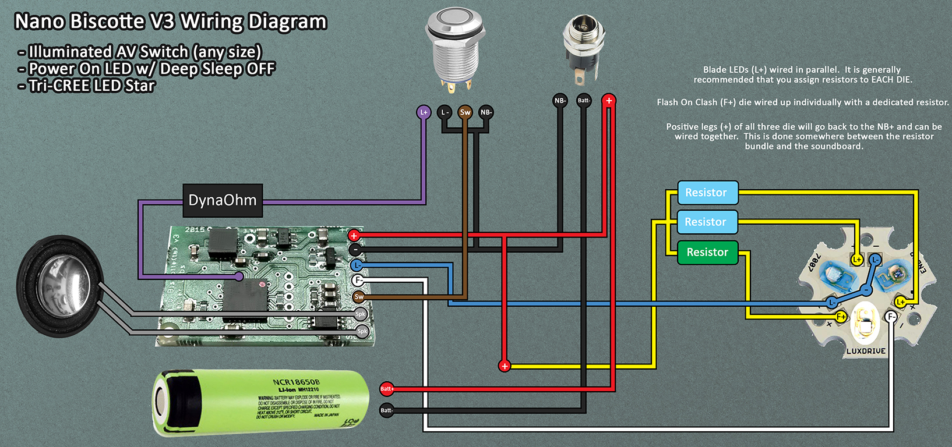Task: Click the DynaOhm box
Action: click(x=223, y=200)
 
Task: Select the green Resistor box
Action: click(x=707, y=252)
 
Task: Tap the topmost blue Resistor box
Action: click(x=707, y=193)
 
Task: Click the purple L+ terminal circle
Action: click(x=424, y=112)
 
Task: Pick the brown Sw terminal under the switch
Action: click(x=465, y=112)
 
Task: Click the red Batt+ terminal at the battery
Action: click(x=387, y=388)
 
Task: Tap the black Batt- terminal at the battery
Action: click(x=387, y=410)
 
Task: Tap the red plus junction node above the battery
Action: click(x=505, y=366)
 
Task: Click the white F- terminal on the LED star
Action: click(x=890, y=317)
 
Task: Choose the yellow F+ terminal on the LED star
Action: click(x=841, y=317)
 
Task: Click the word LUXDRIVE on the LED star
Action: click(x=866, y=351)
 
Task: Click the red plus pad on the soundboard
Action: click(x=354, y=236)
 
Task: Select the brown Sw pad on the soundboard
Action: click(x=359, y=296)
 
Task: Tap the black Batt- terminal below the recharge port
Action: click(x=584, y=101)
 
